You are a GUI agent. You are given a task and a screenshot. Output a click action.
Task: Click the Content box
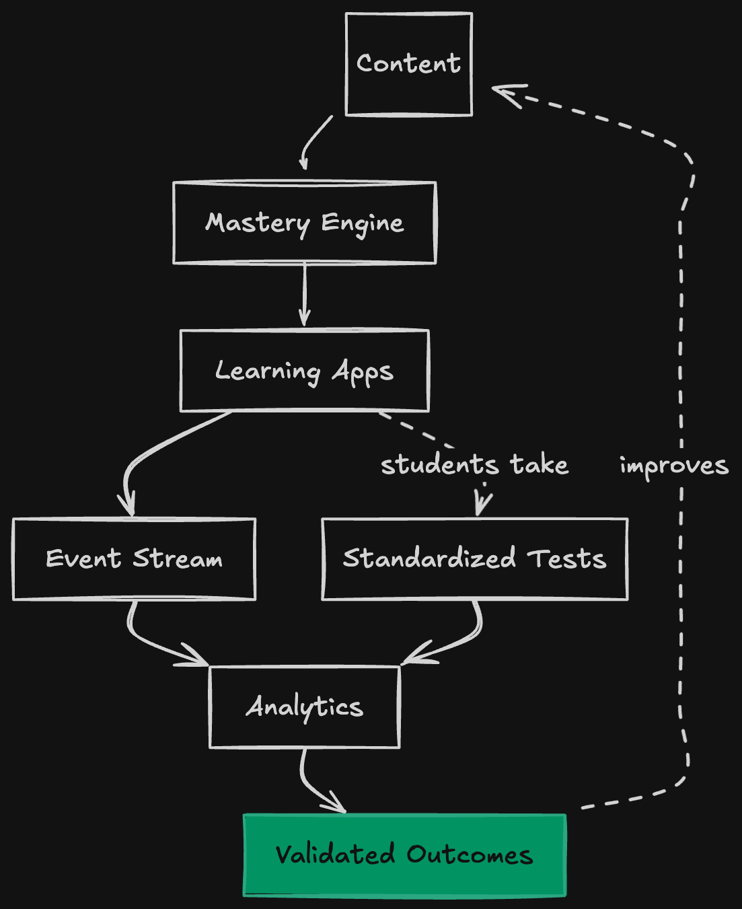[408, 64]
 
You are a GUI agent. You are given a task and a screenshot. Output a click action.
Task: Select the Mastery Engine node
[304, 223]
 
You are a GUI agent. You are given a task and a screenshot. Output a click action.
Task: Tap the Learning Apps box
[304, 371]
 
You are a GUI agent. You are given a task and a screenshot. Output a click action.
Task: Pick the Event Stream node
[134, 559]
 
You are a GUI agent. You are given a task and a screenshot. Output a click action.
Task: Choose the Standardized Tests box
[474, 559]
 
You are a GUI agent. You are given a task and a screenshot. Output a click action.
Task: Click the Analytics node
[304, 707]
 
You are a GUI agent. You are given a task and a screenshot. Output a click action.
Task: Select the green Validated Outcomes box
[404, 855]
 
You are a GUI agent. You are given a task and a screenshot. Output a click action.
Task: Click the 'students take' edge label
[474, 465]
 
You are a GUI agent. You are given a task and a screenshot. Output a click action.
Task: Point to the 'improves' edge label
[673, 465]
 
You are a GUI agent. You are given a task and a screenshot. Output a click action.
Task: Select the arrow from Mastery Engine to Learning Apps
[305, 295]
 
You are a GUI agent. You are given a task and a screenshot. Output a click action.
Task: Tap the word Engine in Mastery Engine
[362, 223]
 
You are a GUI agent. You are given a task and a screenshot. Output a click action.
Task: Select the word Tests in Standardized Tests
[566, 559]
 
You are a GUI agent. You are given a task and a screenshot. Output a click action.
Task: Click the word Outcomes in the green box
[469, 855]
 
